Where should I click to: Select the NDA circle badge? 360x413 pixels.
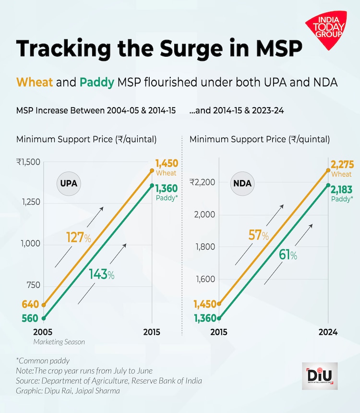(242, 183)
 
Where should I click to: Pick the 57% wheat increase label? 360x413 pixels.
(258, 235)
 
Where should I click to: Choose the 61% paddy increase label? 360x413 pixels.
(288, 255)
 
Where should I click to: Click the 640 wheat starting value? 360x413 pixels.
(30, 304)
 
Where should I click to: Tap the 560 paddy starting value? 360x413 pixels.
(30, 318)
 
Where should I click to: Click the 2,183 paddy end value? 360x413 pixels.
(342, 189)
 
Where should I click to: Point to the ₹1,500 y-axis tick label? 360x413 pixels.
(28, 162)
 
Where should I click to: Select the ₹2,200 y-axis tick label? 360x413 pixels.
(202, 182)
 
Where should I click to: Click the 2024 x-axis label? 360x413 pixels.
(328, 332)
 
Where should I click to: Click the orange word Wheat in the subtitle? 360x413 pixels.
(35, 82)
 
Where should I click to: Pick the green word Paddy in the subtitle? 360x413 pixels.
(97, 82)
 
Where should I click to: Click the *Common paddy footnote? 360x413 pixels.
(43, 360)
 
